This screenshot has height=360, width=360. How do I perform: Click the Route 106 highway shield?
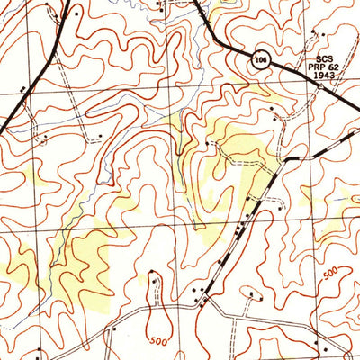[x=260, y=59]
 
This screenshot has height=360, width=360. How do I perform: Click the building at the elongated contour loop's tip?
[x=156, y=281]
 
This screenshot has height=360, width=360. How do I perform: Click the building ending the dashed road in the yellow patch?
[x=209, y=142]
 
